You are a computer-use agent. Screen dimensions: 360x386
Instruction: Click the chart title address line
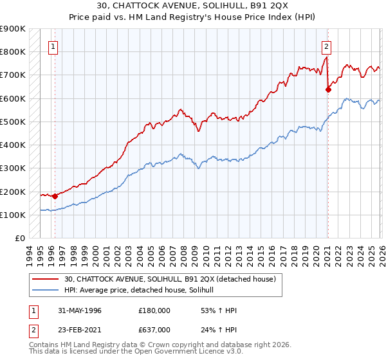192,6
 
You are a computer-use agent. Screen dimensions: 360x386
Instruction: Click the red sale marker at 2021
328,89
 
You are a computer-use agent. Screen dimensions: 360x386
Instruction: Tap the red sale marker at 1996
55,196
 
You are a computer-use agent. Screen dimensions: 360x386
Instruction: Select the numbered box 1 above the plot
52,46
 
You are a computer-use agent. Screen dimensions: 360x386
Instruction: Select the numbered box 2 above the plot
327,46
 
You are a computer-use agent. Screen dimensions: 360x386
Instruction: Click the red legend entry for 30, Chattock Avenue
170,279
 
